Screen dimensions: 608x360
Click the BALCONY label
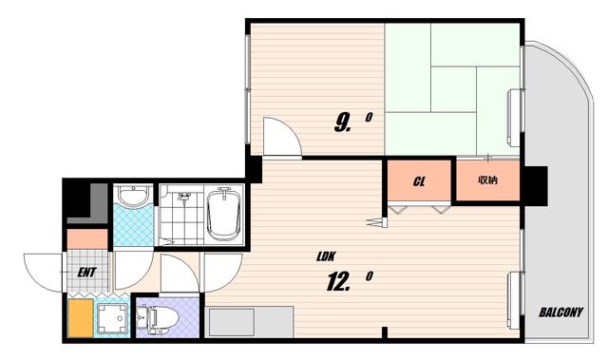[x=561, y=313]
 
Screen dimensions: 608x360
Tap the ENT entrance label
[x=86, y=273]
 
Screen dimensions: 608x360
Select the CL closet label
[x=419, y=181]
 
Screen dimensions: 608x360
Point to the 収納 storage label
[x=487, y=180]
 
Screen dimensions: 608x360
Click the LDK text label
[x=326, y=256]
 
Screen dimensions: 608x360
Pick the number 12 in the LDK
[x=338, y=282]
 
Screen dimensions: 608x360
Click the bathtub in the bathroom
[x=224, y=215]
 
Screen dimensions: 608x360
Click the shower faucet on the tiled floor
[x=183, y=198]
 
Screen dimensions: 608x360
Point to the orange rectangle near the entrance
[x=81, y=318]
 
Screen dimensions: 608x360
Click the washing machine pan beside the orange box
[x=112, y=318]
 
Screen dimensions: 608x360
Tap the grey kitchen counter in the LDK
[x=249, y=322]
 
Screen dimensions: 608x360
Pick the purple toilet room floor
[x=168, y=318]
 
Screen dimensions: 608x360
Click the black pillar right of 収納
[x=534, y=186]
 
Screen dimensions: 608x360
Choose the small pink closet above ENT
[x=87, y=239]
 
